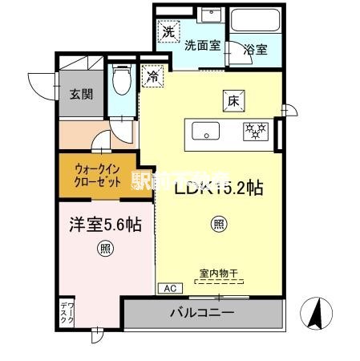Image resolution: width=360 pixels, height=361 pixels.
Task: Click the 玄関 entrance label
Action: [80, 94]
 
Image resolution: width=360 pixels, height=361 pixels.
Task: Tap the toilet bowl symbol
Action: [122, 81]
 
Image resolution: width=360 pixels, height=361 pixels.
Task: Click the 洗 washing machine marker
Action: [168, 33]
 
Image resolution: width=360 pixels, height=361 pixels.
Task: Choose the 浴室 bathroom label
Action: [256, 48]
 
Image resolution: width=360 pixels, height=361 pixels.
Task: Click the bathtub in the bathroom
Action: [255, 20]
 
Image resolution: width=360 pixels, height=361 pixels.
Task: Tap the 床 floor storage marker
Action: [233, 101]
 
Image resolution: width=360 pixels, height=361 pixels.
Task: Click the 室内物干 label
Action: [219, 274]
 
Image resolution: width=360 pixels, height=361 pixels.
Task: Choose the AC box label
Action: [169, 288]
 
